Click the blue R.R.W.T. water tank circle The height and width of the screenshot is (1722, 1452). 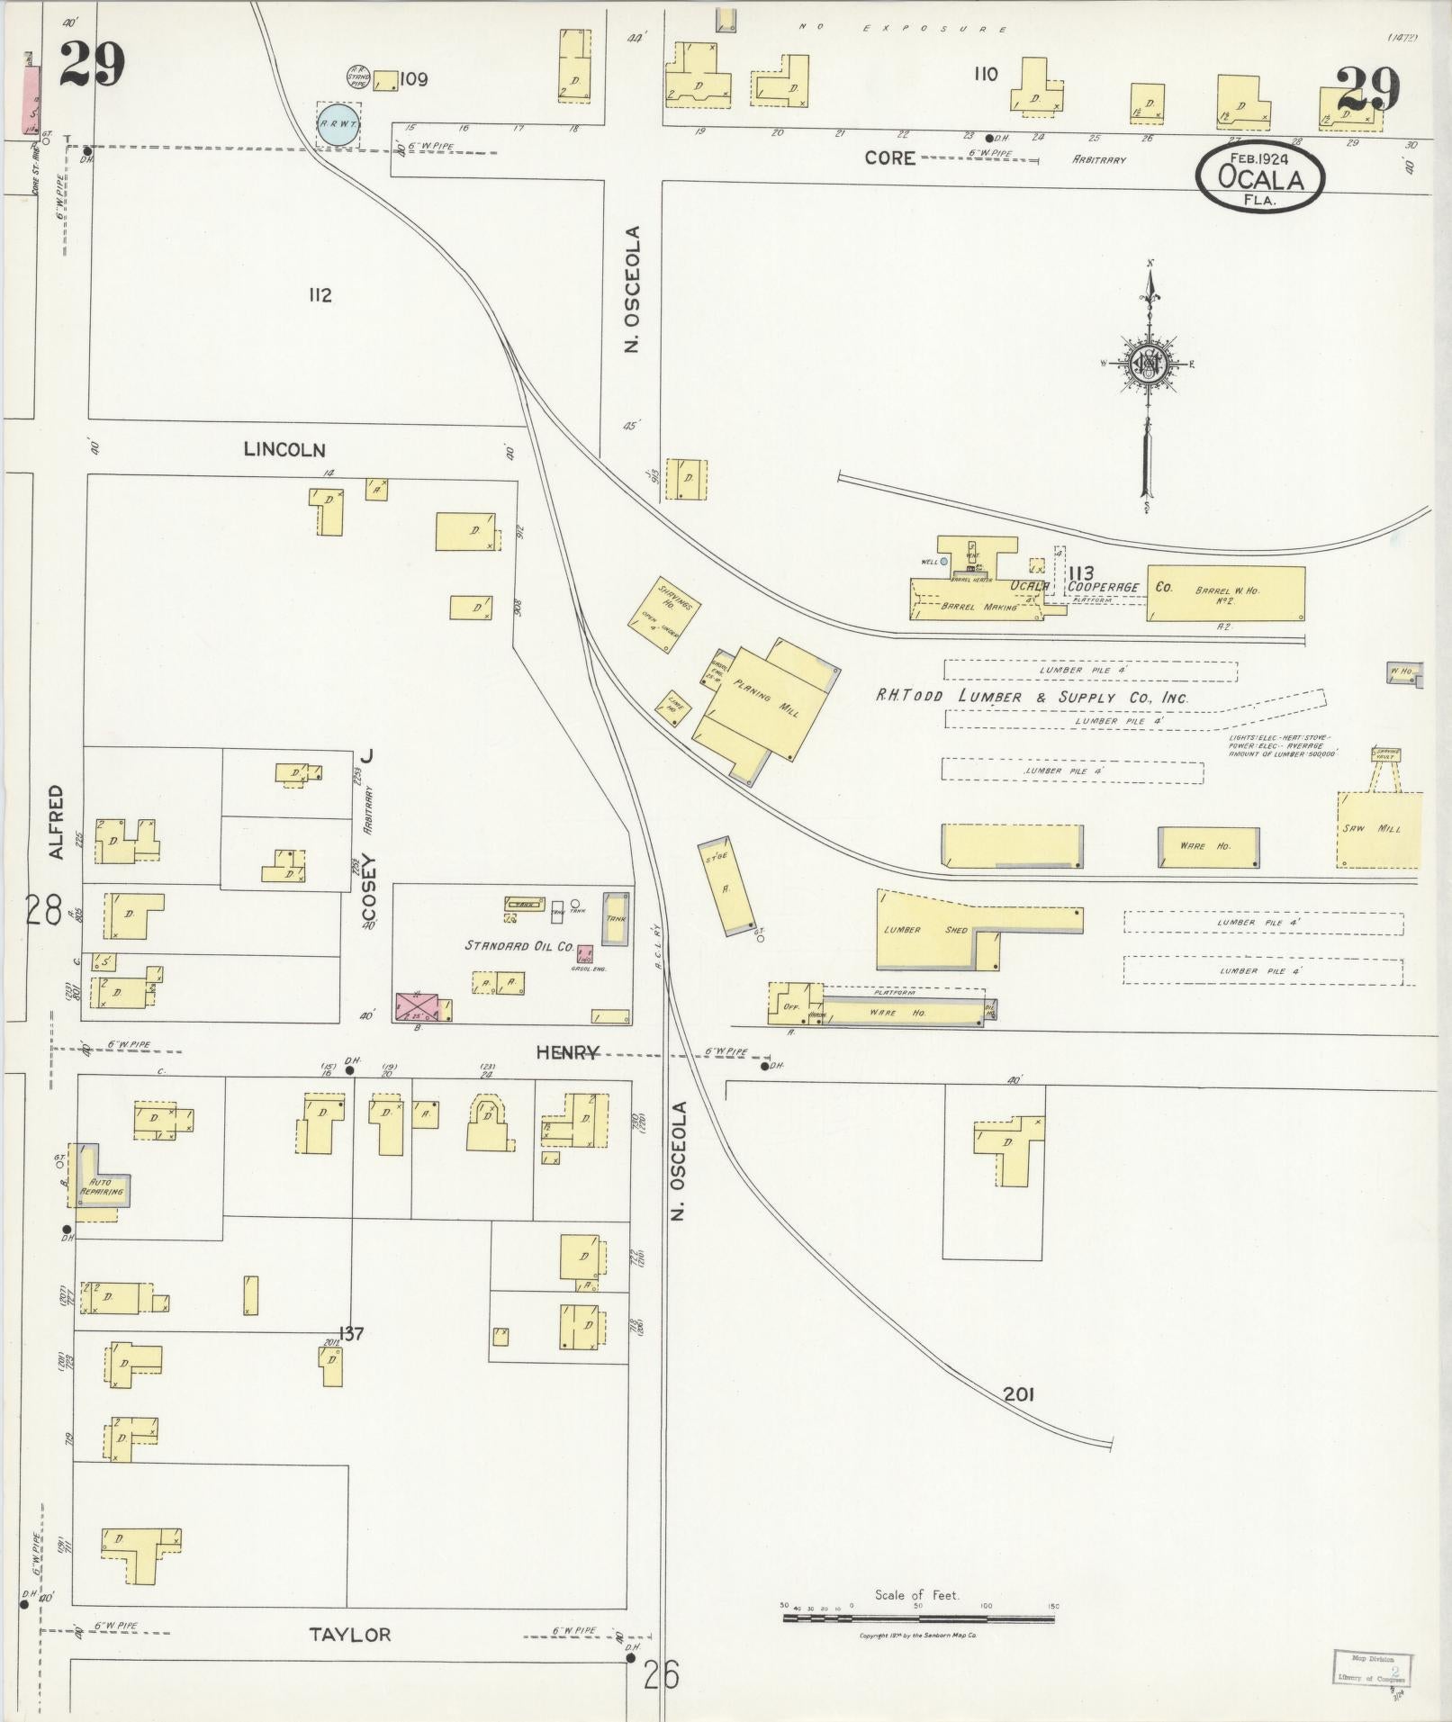click(x=338, y=124)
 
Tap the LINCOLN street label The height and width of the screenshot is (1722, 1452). click(x=284, y=449)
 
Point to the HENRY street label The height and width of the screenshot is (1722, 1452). click(x=567, y=1051)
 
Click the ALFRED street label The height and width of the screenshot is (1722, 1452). click(x=56, y=822)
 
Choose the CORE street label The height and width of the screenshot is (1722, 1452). click(x=889, y=158)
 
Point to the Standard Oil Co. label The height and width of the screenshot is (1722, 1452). click(x=519, y=945)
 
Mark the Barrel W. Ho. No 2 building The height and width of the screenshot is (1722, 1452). click(x=1225, y=592)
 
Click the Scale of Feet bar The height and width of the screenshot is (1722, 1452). click(x=918, y=1618)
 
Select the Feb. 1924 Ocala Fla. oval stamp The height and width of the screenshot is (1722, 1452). click(x=1260, y=177)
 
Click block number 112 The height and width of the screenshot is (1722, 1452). click(x=320, y=295)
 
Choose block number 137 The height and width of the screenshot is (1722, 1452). click(x=350, y=1332)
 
